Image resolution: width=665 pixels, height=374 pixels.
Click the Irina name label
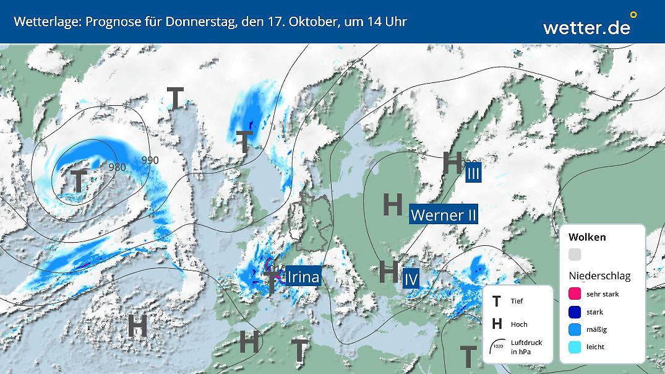[x=302, y=276]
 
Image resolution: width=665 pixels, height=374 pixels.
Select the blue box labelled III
[x=473, y=173]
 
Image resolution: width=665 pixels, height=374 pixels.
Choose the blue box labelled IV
[x=411, y=279]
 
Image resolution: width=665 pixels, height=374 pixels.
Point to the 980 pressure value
[x=117, y=167]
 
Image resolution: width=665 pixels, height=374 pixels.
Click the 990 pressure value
[x=150, y=160]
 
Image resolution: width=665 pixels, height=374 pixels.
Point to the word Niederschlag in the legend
[x=599, y=276]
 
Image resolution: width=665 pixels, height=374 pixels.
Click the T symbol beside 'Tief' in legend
[x=496, y=302]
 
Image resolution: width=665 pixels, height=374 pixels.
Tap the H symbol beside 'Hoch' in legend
[x=496, y=324]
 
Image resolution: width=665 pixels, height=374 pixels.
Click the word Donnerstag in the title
[x=199, y=22]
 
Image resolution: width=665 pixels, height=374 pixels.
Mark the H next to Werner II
[x=393, y=204]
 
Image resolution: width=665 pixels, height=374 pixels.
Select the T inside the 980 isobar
[x=79, y=181]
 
